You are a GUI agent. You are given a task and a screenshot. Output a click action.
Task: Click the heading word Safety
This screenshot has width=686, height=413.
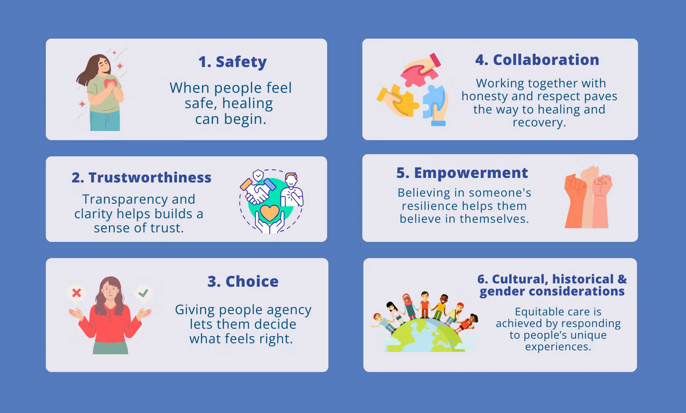pyautogui.click(x=241, y=62)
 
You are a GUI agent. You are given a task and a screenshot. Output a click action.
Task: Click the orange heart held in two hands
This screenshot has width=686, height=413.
pyautogui.click(x=269, y=213)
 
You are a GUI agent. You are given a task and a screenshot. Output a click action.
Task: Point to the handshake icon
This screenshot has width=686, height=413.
pyautogui.click(x=257, y=191)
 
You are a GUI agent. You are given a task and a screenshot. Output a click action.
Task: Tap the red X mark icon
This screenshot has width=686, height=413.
pyautogui.click(x=76, y=293)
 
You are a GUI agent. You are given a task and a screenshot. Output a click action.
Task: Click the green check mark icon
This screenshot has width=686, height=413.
pyautogui.click(x=143, y=293)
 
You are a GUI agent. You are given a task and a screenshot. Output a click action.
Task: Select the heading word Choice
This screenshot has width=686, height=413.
pyautogui.click(x=252, y=281)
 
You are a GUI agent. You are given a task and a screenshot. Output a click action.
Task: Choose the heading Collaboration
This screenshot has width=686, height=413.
pyautogui.click(x=546, y=60)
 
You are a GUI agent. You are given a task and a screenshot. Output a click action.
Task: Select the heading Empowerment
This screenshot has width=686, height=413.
pyautogui.click(x=471, y=173)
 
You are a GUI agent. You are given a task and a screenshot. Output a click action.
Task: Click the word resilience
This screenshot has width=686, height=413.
pyautogui.click(x=429, y=206)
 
